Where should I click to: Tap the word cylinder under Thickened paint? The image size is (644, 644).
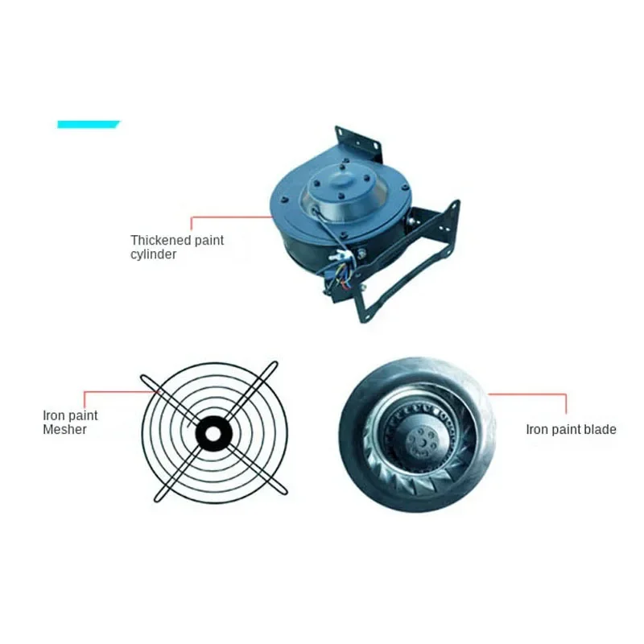[153, 254]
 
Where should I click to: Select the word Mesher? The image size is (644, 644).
[65, 430]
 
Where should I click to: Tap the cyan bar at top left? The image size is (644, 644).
[88, 125]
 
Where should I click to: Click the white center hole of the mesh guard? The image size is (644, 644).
[213, 435]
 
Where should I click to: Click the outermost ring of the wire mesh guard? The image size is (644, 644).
[214, 363]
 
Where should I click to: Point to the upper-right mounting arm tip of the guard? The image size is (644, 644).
[275, 365]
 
